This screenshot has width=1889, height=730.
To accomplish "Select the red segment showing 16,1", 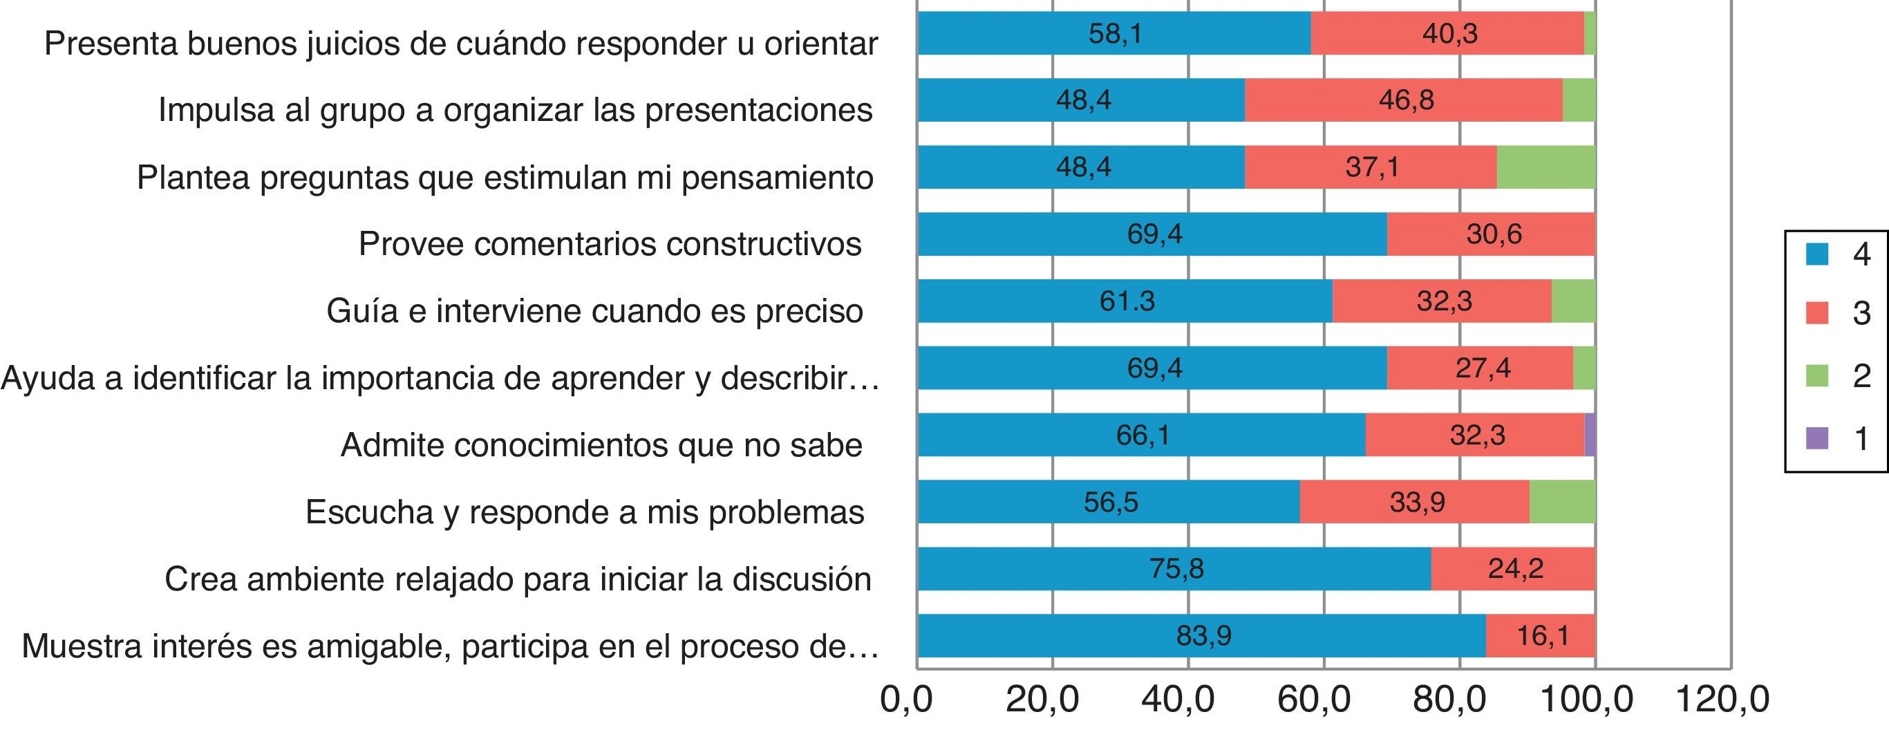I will (1540, 635).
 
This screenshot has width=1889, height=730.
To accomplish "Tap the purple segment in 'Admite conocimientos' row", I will (1590, 435).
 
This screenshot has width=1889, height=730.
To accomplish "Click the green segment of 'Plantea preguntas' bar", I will (1545, 167).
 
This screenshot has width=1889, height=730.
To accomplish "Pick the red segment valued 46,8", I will (1403, 100).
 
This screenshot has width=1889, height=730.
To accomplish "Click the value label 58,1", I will (1115, 34).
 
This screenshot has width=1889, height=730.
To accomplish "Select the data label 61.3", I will (1127, 301).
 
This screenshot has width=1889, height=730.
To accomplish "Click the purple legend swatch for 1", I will (1816, 438).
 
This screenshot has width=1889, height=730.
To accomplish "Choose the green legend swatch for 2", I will (1816, 375).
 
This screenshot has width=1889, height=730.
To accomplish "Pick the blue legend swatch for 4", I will (1816, 254).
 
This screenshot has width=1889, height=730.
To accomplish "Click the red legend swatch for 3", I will (1816, 313).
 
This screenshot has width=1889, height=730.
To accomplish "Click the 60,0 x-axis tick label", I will (1324, 699).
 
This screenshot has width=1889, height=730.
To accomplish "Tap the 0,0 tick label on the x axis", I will (906, 699).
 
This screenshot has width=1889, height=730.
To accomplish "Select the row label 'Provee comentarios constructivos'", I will (610, 244).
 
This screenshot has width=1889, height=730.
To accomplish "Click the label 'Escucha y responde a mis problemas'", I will (585, 512).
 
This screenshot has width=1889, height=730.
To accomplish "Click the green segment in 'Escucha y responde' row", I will (1562, 502).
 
